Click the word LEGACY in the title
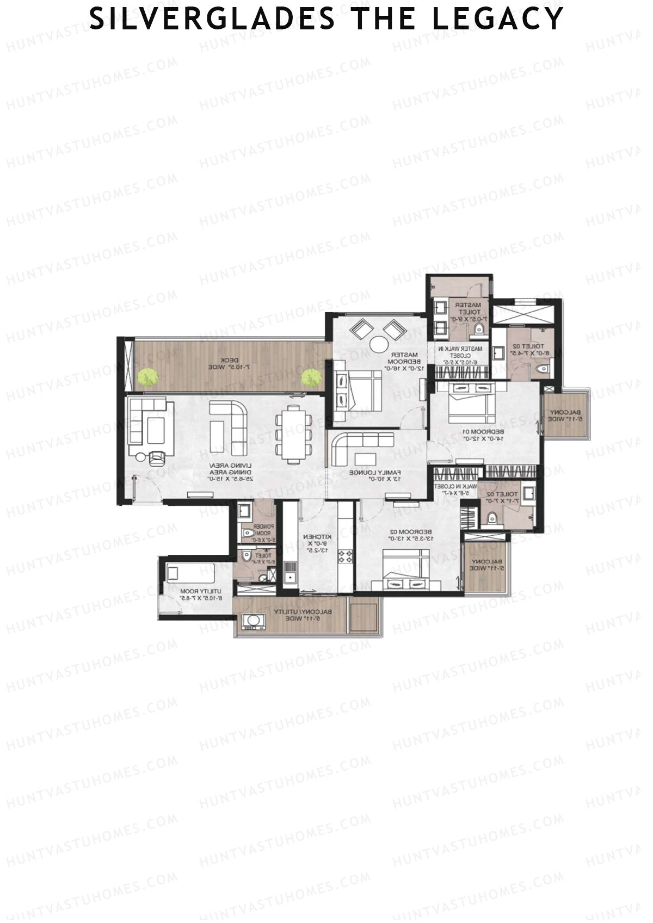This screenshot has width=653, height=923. pyautogui.click(x=497, y=19)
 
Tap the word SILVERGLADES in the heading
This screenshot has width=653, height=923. pyautogui.click(x=213, y=19)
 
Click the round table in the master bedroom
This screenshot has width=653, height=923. pyautogui.click(x=378, y=344)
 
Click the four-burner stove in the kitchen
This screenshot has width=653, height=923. pyautogui.click(x=345, y=556)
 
